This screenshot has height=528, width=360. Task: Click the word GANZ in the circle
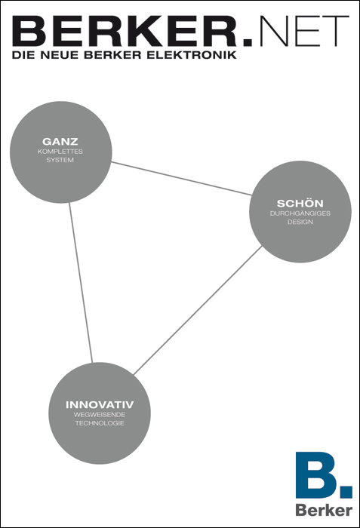(x=60, y=142)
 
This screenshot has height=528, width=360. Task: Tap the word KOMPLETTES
(x=60, y=152)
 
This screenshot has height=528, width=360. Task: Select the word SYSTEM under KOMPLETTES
(x=60, y=160)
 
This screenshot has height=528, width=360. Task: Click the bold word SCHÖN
(x=300, y=203)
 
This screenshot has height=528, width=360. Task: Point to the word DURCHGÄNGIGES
(x=300, y=213)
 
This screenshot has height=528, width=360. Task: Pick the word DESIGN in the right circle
(x=300, y=222)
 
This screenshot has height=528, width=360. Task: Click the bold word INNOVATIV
(x=100, y=404)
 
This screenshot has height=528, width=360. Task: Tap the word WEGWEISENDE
(x=100, y=415)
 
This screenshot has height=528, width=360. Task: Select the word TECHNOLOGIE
(x=100, y=423)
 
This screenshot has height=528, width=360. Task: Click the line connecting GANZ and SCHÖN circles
(x=181, y=179)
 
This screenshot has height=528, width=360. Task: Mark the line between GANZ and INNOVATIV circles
(x=81, y=283)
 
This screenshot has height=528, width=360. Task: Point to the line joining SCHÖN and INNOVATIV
(x=198, y=310)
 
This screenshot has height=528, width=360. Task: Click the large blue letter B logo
(x=316, y=474)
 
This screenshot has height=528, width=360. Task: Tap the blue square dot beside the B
(x=346, y=492)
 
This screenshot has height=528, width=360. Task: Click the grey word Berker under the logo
(x=324, y=511)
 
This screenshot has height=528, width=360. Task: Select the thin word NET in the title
(x=304, y=31)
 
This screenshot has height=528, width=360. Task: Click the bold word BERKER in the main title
(x=125, y=31)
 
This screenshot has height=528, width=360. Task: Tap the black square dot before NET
(x=248, y=41)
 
